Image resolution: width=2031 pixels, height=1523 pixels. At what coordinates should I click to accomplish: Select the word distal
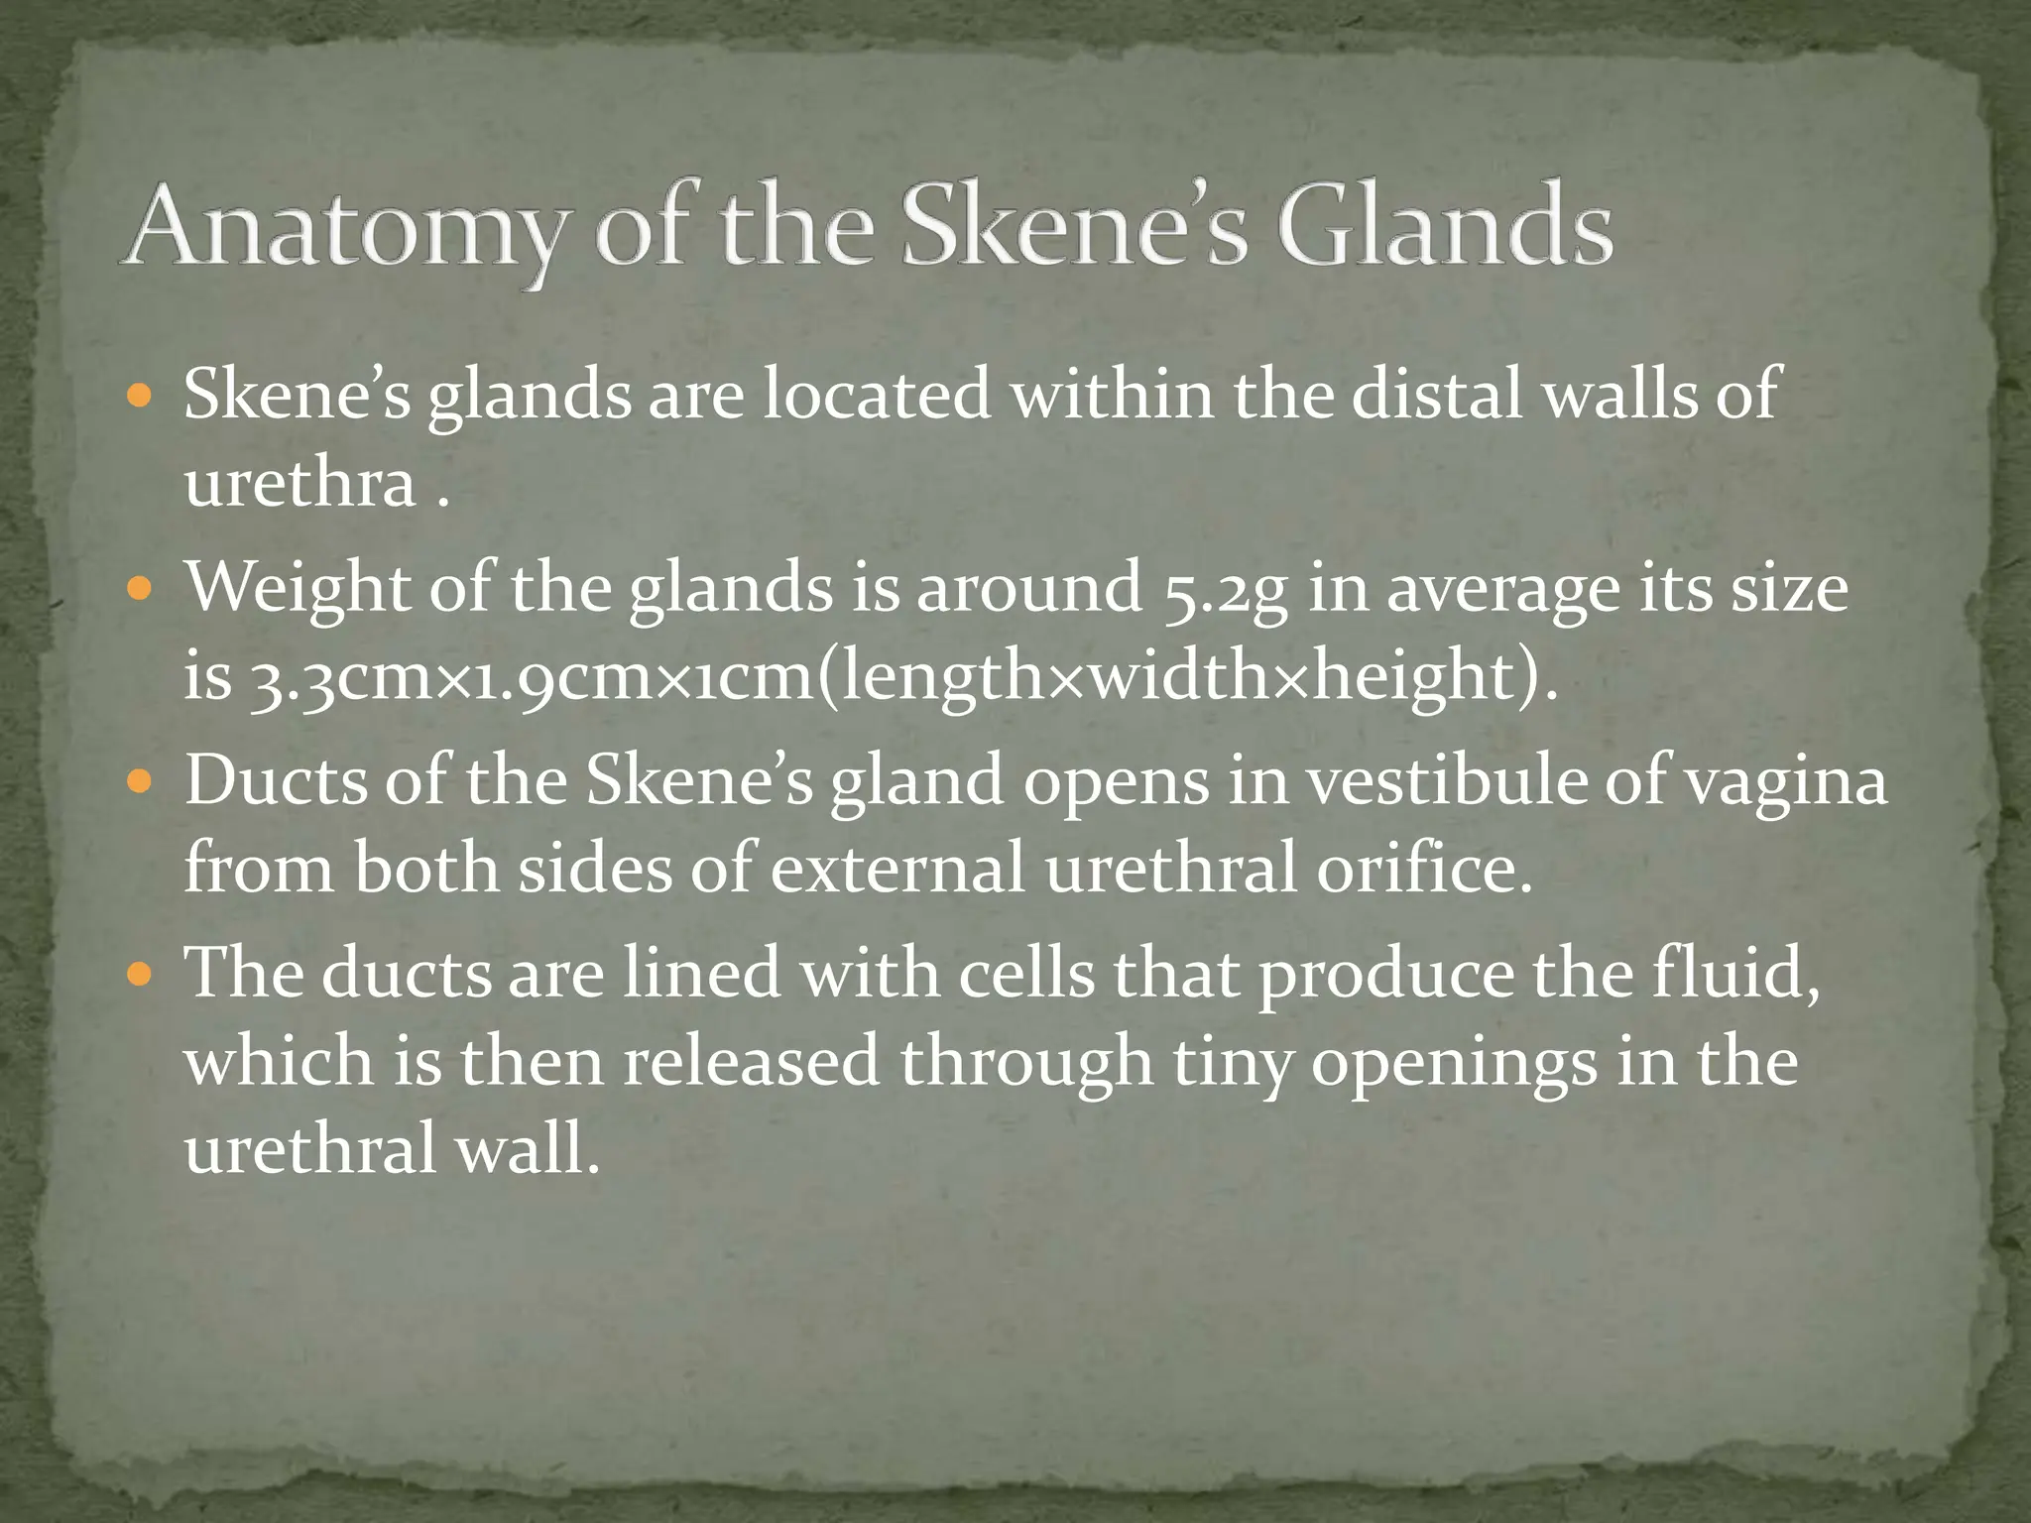(x=1439, y=394)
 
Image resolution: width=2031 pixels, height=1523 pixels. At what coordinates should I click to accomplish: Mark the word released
(x=752, y=1061)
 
